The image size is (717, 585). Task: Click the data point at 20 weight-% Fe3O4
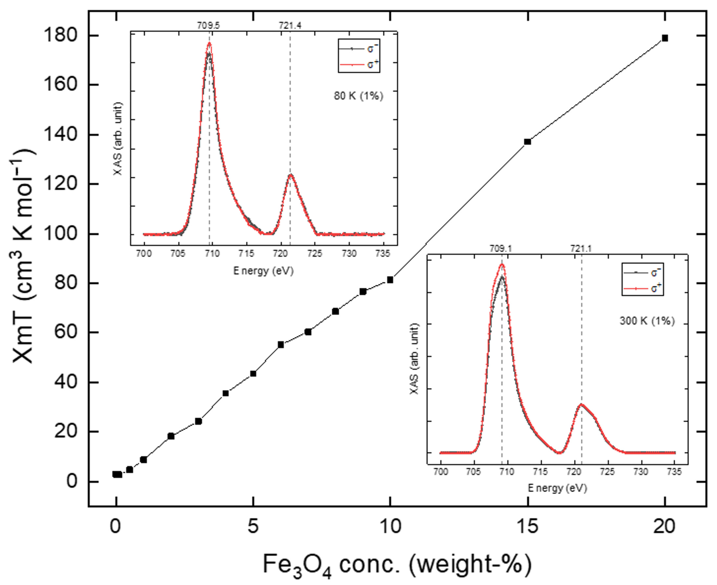click(x=665, y=38)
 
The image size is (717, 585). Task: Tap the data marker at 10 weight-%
click(x=390, y=280)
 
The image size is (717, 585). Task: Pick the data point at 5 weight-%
click(x=253, y=374)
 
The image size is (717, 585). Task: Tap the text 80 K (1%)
click(x=358, y=96)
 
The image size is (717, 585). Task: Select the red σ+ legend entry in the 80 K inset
click(x=359, y=64)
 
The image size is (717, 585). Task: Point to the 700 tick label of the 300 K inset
click(x=441, y=472)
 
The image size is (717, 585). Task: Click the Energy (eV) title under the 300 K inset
click(x=557, y=488)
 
